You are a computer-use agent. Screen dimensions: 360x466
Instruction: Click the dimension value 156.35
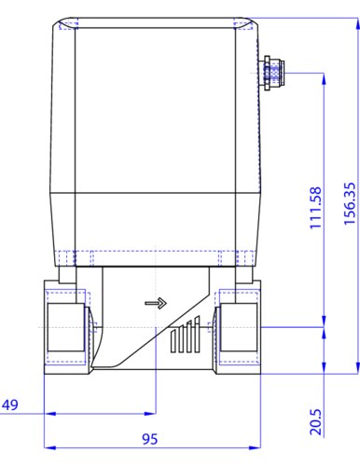point(350,203)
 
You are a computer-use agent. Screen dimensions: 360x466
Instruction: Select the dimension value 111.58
point(315,208)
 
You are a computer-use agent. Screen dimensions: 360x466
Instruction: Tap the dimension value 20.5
point(315,421)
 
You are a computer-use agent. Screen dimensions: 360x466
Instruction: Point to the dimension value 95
point(150,439)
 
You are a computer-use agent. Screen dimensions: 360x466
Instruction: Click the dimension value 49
point(10,404)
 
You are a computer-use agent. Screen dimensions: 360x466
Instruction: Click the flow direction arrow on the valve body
point(156,303)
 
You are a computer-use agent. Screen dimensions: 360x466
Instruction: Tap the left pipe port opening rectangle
point(65,327)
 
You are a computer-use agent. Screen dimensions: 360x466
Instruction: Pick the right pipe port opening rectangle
point(239,327)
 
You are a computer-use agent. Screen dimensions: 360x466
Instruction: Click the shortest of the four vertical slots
point(173,341)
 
